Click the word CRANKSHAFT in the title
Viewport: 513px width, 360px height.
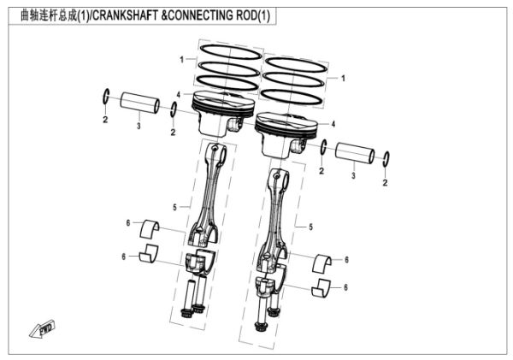click(x=138, y=16)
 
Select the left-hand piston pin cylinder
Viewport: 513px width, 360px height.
click(x=139, y=104)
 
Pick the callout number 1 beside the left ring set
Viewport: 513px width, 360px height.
click(x=181, y=59)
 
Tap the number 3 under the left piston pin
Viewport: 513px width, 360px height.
click(x=139, y=126)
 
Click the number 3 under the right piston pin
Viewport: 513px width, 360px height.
click(x=353, y=175)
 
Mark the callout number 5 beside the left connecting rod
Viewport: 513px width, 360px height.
click(x=174, y=207)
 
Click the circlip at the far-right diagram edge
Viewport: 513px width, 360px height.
click(x=386, y=160)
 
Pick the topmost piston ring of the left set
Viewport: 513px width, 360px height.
click(x=228, y=50)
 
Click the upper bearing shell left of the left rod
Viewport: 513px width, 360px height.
click(x=155, y=227)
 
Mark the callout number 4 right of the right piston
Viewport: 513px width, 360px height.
click(x=333, y=125)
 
